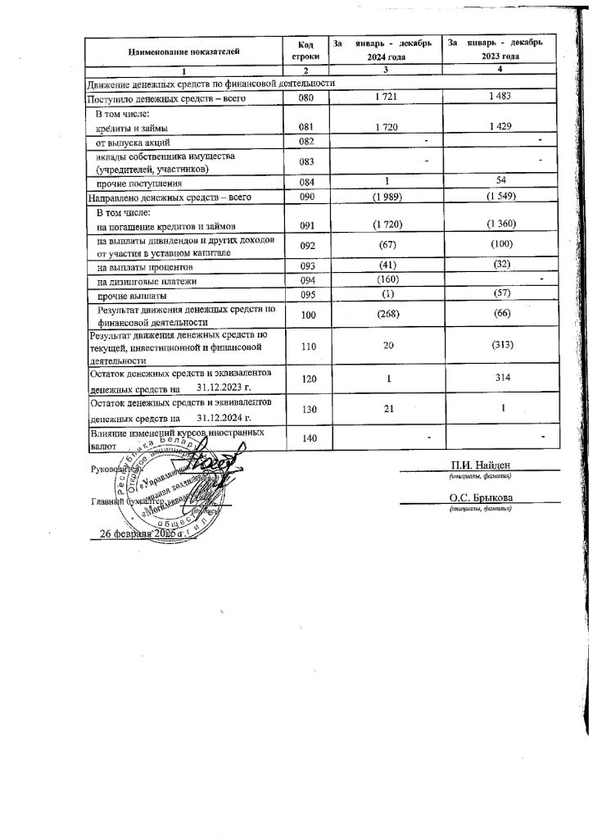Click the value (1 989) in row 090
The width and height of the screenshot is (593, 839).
click(386, 198)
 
